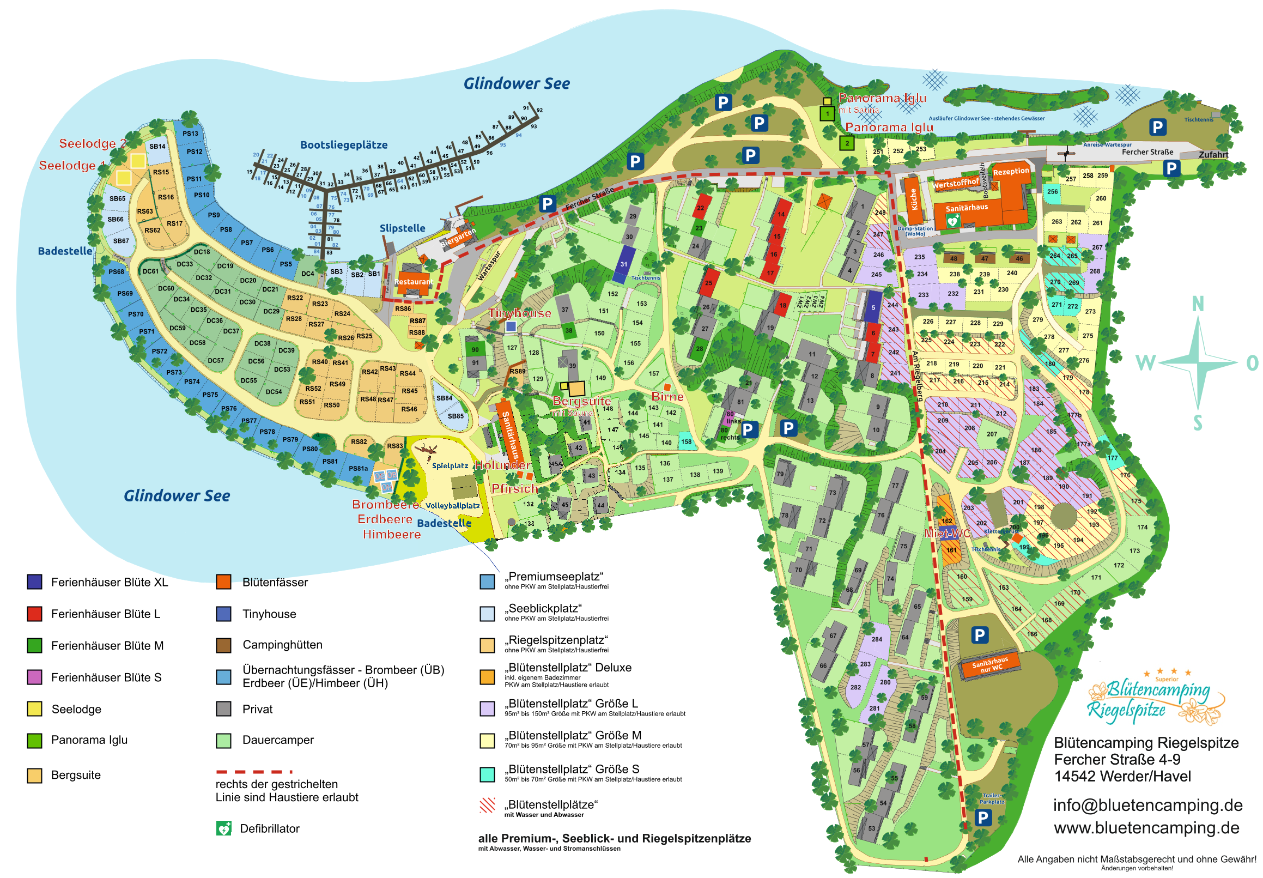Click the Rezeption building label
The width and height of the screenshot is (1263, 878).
pyautogui.click(x=1010, y=172)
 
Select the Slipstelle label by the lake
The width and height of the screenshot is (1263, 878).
pyautogui.click(x=402, y=228)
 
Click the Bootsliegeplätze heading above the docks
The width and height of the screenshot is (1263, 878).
pyautogui.click(x=344, y=144)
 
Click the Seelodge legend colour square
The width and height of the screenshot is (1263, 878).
pyautogui.click(x=35, y=709)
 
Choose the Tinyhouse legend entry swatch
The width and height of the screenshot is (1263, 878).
pyautogui.click(x=223, y=613)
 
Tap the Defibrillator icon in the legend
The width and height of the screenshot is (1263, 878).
pyautogui.click(x=223, y=828)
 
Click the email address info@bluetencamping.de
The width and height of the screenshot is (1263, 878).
pyautogui.click(x=1146, y=805)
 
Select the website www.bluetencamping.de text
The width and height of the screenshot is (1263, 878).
pyautogui.click(x=1145, y=827)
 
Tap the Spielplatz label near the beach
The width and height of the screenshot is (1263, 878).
pyautogui.click(x=450, y=466)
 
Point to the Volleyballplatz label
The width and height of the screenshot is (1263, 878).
pyautogui.click(x=453, y=506)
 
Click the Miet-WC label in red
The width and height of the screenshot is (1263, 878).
pyautogui.click(x=947, y=533)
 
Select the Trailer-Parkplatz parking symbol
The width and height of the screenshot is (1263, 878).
pyautogui.click(x=982, y=818)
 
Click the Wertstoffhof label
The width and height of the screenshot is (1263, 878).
pyautogui.click(x=955, y=183)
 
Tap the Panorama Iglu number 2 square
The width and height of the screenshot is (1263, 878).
pyautogui.click(x=847, y=143)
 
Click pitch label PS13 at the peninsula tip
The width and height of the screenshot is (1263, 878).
pyautogui.click(x=190, y=134)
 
